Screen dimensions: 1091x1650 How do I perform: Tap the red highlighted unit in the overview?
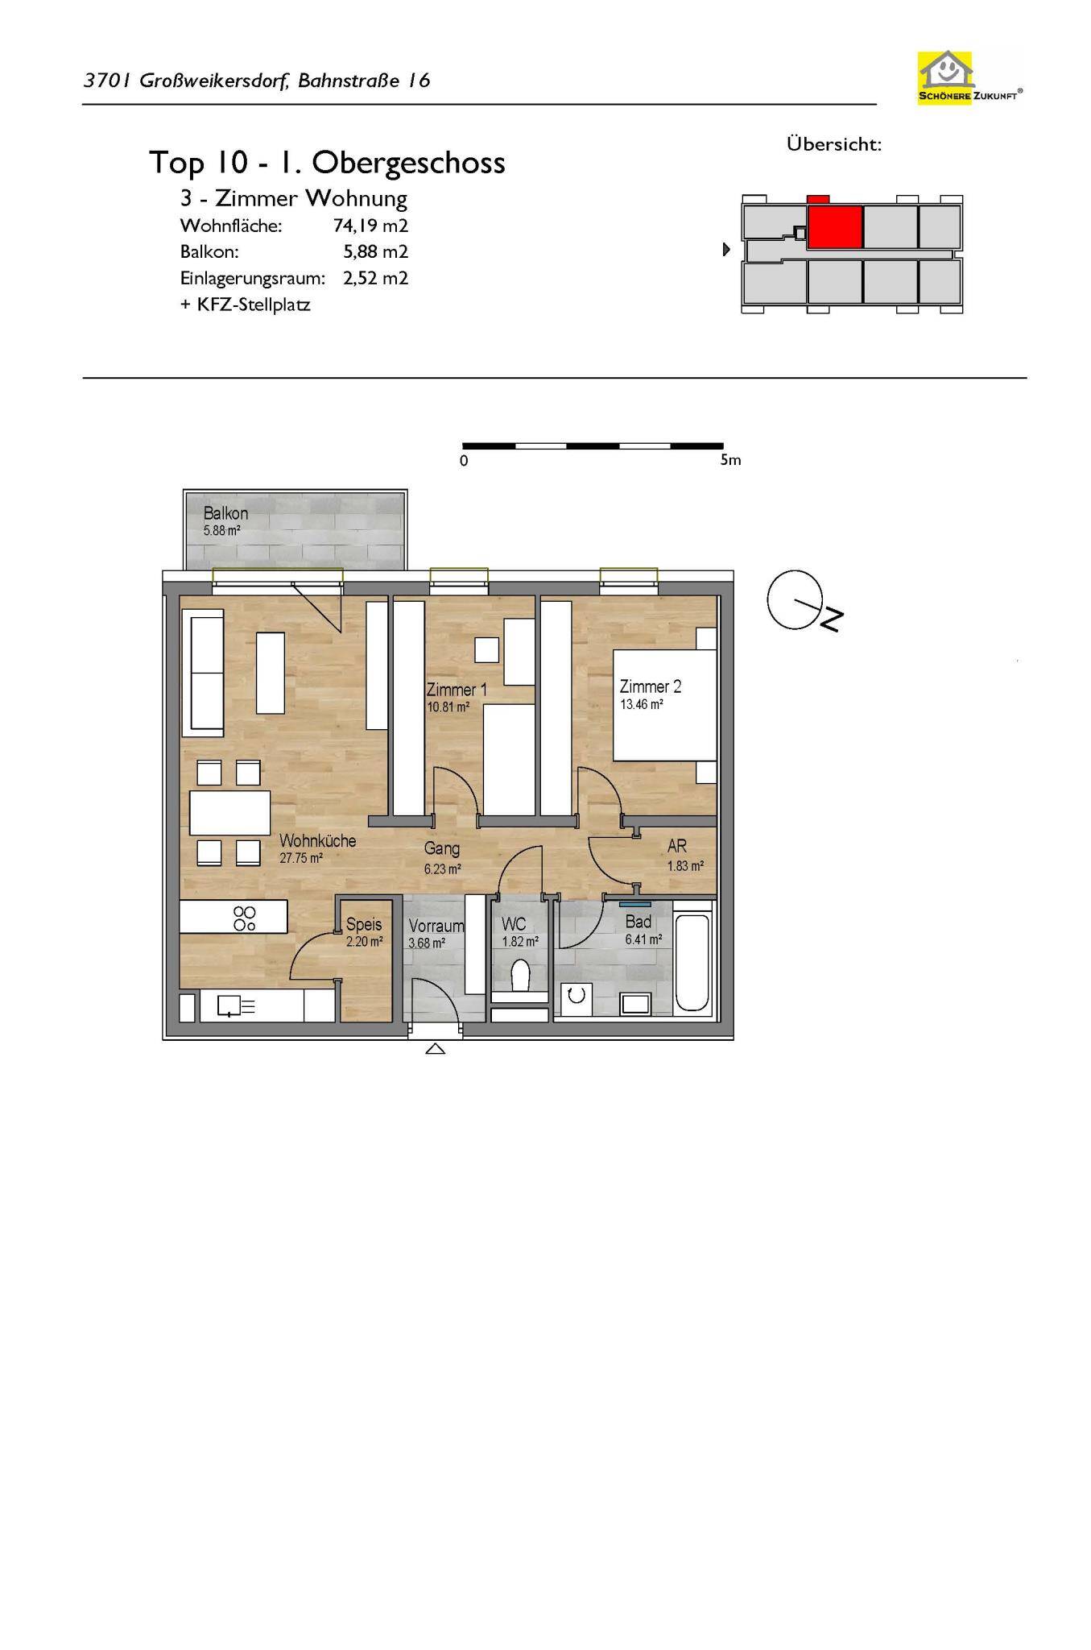coord(835,226)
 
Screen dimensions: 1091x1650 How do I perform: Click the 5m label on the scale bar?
coord(730,460)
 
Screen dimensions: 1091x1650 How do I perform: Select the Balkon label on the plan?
coord(225,513)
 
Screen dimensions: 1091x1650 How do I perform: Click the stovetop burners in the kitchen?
coord(245,918)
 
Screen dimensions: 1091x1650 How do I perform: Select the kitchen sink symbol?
coord(236,1006)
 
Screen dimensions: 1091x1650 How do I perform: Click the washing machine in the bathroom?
coord(576,996)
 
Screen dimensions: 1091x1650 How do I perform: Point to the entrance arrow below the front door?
coord(435,1048)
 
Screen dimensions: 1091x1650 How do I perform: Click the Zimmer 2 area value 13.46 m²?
coord(641,704)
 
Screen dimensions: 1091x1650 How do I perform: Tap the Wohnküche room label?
coord(317,840)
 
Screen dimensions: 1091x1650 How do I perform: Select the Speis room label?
coord(364,924)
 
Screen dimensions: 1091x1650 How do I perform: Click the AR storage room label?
coord(677,846)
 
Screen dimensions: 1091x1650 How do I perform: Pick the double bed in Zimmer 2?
coord(665,705)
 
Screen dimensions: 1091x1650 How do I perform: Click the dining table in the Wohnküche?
coord(230,813)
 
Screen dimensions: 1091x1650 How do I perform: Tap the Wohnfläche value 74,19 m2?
coord(370,226)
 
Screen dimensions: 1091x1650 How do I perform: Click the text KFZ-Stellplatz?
coord(254,305)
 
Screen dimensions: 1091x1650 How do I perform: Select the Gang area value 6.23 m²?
coord(442,869)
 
